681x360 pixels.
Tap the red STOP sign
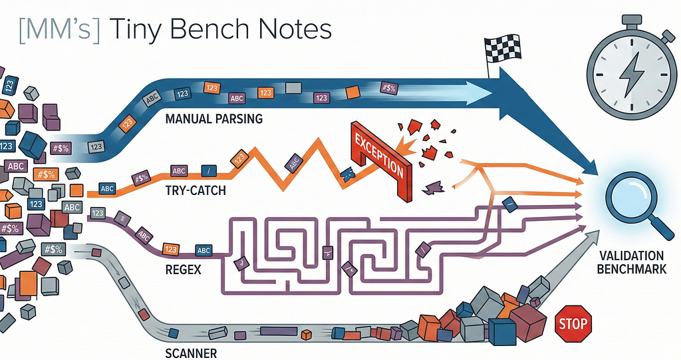[573, 324]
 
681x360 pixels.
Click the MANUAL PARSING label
[214, 118]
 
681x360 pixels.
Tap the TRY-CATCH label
[196, 190]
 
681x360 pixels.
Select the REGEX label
[184, 270]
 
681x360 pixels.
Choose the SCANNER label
[191, 353]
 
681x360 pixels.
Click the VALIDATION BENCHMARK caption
[632, 262]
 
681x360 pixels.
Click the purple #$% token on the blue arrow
[388, 89]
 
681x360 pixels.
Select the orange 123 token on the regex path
[171, 250]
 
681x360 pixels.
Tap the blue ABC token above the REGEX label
[204, 250]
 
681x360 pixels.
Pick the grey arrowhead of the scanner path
[591, 238]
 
